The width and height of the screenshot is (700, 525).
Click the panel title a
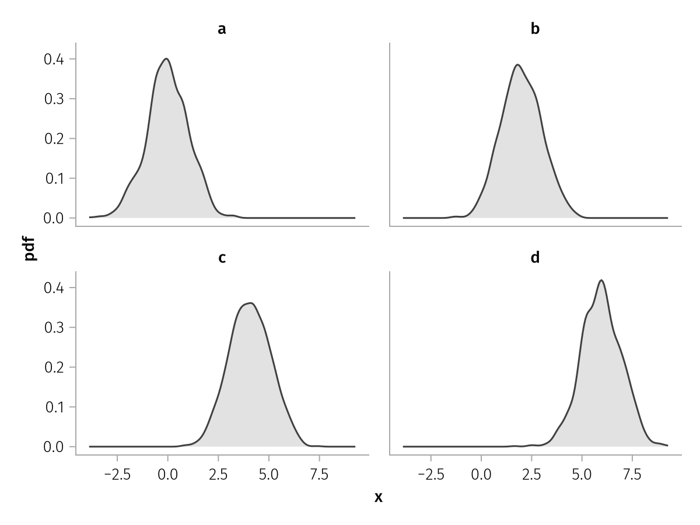click(x=222, y=29)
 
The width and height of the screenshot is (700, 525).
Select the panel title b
click(x=535, y=29)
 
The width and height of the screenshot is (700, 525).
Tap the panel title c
click(x=222, y=257)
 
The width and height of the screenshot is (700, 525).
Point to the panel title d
click(x=535, y=257)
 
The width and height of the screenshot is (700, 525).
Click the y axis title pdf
click(x=31, y=248)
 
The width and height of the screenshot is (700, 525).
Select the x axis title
click(x=378, y=498)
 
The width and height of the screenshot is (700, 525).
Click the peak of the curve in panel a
click(x=167, y=58)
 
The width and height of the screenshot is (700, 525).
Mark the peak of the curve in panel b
click(x=517, y=64)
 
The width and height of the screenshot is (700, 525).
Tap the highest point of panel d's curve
click(x=601, y=280)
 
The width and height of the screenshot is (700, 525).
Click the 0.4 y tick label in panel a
click(x=55, y=59)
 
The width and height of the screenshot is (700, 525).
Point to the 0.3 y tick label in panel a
click(x=55, y=99)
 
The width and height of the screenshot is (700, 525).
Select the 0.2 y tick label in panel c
click(x=55, y=367)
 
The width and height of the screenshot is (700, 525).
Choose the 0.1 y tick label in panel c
click(x=55, y=407)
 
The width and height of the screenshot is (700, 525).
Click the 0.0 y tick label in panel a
click(x=55, y=218)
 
